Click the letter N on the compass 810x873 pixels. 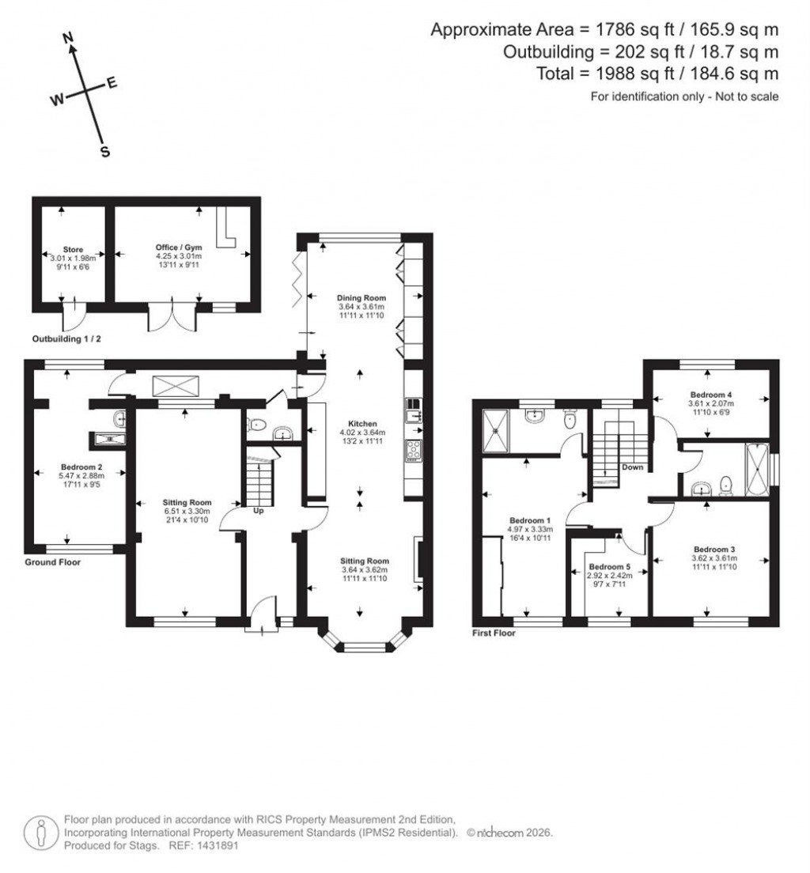(x=68, y=36)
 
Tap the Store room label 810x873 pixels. (x=73, y=250)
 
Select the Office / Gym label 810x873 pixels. (x=178, y=248)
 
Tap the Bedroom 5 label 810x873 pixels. (x=610, y=567)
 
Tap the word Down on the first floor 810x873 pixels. (x=632, y=467)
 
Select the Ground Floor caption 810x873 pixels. (x=52, y=562)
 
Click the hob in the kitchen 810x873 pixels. (x=414, y=451)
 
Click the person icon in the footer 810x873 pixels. (x=40, y=832)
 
